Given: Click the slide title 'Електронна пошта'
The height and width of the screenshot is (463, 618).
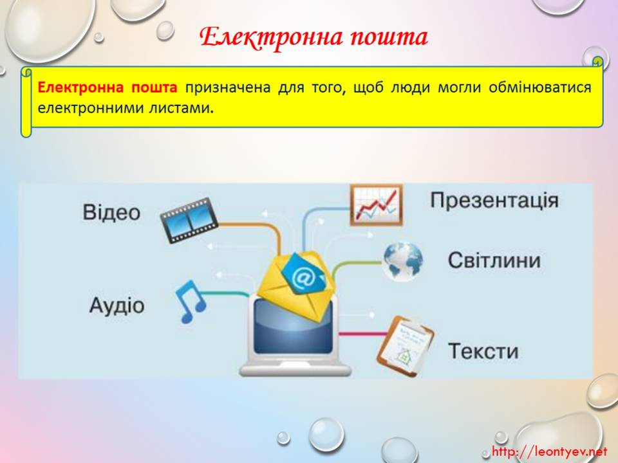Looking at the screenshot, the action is pyautogui.click(x=314, y=38).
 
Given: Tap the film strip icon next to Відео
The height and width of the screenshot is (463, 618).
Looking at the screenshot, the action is pyautogui.click(x=189, y=221).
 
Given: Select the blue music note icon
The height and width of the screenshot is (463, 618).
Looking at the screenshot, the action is pyautogui.click(x=191, y=301).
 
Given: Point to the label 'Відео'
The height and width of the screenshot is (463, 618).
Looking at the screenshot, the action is pyautogui.click(x=111, y=212).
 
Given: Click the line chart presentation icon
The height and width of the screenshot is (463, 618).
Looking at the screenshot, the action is pyautogui.click(x=377, y=205).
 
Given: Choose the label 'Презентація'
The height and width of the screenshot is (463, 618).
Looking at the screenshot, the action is pyautogui.click(x=494, y=201).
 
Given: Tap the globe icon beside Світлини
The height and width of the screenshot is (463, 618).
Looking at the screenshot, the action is pyautogui.click(x=402, y=262).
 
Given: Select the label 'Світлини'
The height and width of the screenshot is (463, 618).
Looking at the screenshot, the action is pyautogui.click(x=494, y=260).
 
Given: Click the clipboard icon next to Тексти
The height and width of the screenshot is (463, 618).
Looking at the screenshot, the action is pyautogui.click(x=406, y=346).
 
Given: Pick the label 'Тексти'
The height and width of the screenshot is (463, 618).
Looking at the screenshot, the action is pyautogui.click(x=483, y=351).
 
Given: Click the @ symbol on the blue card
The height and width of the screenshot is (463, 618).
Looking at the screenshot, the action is pyautogui.click(x=303, y=278).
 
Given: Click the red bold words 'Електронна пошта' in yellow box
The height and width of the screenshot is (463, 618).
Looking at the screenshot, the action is pyautogui.click(x=108, y=87).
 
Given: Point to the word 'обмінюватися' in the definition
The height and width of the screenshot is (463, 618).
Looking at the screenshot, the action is pyautogui.click(x=540, y=87).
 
